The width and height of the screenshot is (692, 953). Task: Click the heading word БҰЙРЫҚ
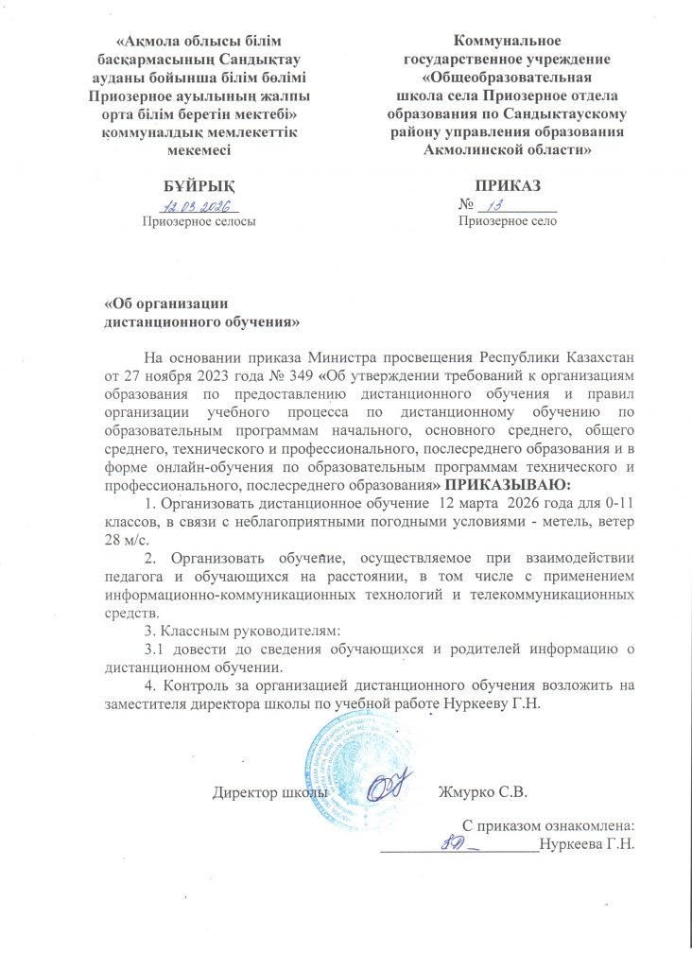(x=198, y=186)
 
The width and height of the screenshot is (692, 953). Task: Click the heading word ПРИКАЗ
(x=508, y=186)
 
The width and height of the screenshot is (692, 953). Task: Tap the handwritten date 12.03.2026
(x=200, y=205)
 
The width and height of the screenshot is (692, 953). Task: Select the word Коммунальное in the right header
(x=508, y=41)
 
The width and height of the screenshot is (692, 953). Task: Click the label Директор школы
(x=270, y=790)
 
